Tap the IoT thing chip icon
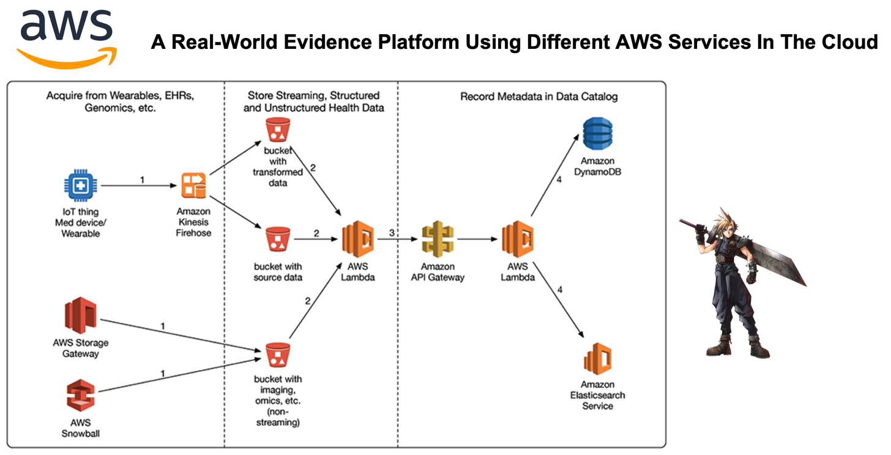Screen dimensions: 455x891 [x=80, y=186]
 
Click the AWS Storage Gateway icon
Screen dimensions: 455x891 [x=80, y=315]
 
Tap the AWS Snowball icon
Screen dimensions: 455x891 [x=80, y=395]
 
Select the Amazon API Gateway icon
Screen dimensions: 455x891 [x=437, y=239]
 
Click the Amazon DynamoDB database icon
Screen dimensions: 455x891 [x=597, y=134]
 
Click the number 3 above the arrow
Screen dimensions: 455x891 [x=392, y=233]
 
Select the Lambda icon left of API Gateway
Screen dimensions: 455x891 [x=358, y=239]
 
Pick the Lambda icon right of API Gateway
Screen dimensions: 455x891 [x=517, y=239]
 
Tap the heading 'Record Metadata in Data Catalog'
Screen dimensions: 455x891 [x=539, y=96]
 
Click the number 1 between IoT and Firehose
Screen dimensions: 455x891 [x=142, y=180]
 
